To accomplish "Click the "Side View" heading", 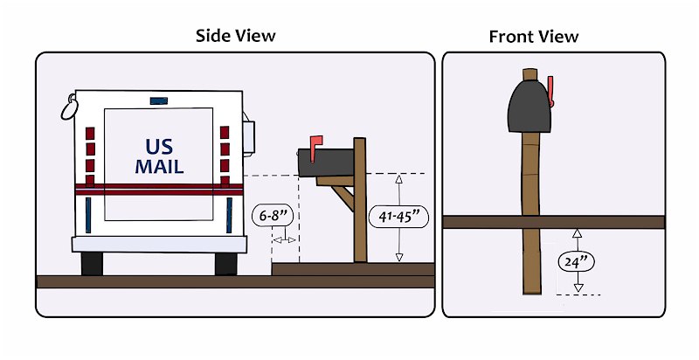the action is pyautogui.click(x=235, y=36).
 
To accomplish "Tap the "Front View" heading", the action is pyautogui.click(x=534, y=37).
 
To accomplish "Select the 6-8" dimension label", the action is pyautogui.click(x=273, y=216).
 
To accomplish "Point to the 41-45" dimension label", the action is pyautogui.click(x=399, y=217).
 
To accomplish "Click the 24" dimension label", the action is pyautogui.click(x=577, y=262).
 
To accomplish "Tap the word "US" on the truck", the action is pyautogui.click(x=159, y=146).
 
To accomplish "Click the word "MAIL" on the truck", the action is pyautogui.click(x=159, y=167).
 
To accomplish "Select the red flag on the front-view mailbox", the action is pyautogui.click(x=550, y=92).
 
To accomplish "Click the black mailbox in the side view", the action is pyautogui.click(x=326, y=163).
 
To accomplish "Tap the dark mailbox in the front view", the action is pyautogui.click(x=529, y=106).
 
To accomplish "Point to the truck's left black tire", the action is pyautogui.click(x=92, y=264).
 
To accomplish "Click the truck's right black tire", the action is pyautogui.click(x=226, y=264).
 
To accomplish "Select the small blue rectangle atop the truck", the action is pyautogui.click(x=159, y=100).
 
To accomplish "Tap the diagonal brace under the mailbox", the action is pyautogui.click(x=343, y=197).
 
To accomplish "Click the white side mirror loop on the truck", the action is pyautogui.click(x=69, y=108).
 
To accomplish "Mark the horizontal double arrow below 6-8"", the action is pyautogui.click(x=284, y=240).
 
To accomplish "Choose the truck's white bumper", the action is pyautogui.click(x=159, y=245).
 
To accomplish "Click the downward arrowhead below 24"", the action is pyautogui.click(x=578, y=287).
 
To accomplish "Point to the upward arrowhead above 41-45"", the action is pyautogui.click(x=399, y=179).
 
